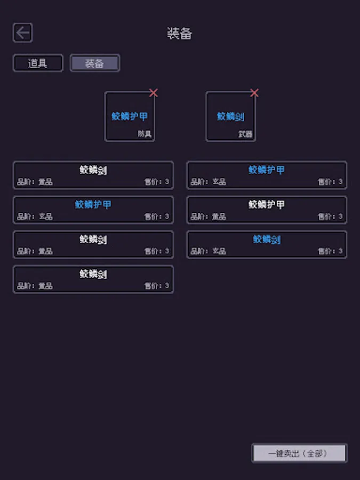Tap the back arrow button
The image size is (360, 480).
coord(22,33)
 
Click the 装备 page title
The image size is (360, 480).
coord(179,34)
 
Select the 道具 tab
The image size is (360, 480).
coord(38,63)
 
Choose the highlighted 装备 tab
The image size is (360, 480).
coord(94,63)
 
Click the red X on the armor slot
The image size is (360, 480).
coord(154,93)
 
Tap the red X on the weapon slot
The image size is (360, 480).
coord(254,93)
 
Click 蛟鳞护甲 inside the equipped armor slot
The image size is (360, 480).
coord(130,116)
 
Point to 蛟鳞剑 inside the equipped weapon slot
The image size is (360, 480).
coord(230,116)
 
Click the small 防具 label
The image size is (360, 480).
coord(145,134)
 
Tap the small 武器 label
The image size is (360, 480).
coord(245,134)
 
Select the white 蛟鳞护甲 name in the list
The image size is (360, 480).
coord(267,204)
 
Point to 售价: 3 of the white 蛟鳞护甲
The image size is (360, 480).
coord(331,217)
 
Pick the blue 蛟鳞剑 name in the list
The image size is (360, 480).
coord(267,239)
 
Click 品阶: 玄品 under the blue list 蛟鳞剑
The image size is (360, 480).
coord(209,251)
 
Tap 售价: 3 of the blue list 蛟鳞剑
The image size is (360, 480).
coord(331,251)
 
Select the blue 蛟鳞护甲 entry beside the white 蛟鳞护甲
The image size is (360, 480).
coord(93,204)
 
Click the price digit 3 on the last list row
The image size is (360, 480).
coord(167,286)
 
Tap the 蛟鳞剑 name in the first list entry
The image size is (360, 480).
coord(93,170)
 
